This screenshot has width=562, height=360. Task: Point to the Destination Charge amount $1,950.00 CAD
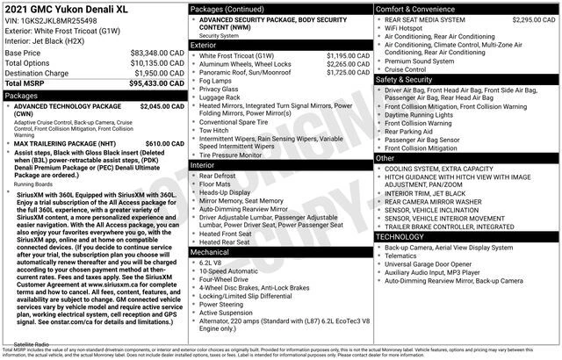151,73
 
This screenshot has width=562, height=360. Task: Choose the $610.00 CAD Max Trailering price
165,143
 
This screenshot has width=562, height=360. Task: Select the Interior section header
203,164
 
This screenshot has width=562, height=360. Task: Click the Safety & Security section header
407,79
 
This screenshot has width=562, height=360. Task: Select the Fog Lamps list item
217,81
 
